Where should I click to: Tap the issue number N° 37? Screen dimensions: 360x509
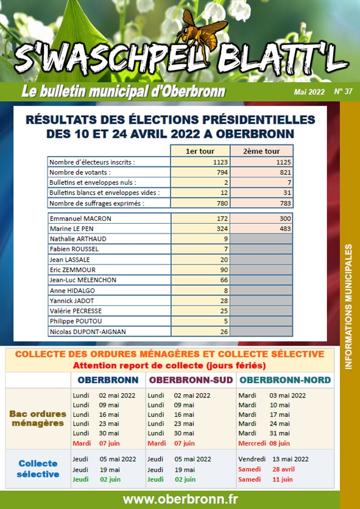pos(343,91)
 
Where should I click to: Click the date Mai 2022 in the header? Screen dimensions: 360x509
pos(309,92)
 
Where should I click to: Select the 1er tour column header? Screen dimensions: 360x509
pos(200,151)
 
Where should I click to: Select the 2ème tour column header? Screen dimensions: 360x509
pos(261,151)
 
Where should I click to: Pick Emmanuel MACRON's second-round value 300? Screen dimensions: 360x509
pos(286,218)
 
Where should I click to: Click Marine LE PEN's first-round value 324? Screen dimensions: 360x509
pos(222,229)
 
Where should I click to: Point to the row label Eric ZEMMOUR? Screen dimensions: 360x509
pos(72,270)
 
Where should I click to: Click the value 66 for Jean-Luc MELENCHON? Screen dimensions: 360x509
pos(224,280)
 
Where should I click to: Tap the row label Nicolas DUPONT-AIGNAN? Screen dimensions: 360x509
pos(88,332)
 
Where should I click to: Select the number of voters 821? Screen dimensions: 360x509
pos(286,172)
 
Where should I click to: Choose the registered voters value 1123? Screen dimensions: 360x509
pos(221,162)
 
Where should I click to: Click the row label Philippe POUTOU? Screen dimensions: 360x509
pos(76,321)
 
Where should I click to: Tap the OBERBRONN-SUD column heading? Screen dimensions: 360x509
pos(191,380)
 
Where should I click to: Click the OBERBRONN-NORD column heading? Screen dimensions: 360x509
pos(285,380)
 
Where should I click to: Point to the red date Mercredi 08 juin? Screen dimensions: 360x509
pos(264,443)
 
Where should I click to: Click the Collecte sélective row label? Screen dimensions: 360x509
pos(38,469)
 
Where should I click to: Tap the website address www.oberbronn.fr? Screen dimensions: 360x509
pos(180,499)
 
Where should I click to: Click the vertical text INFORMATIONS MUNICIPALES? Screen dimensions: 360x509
pos(348,307)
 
